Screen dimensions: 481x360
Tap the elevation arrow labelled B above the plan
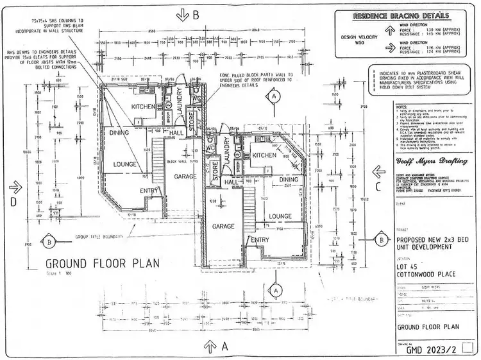(183, 13)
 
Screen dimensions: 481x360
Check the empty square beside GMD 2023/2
(467, 350)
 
